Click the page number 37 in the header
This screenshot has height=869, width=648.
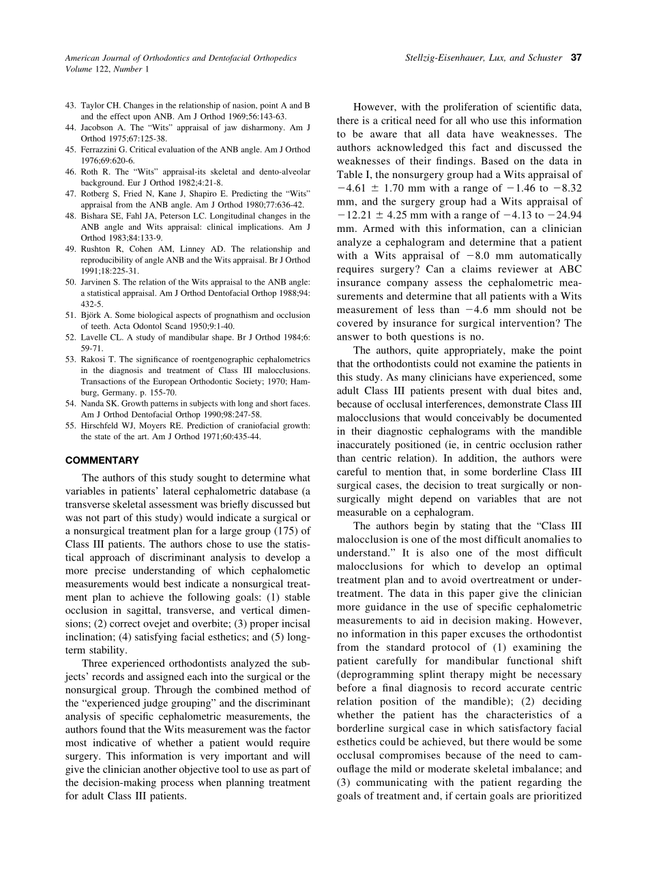576,58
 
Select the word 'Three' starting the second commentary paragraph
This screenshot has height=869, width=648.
95,663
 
